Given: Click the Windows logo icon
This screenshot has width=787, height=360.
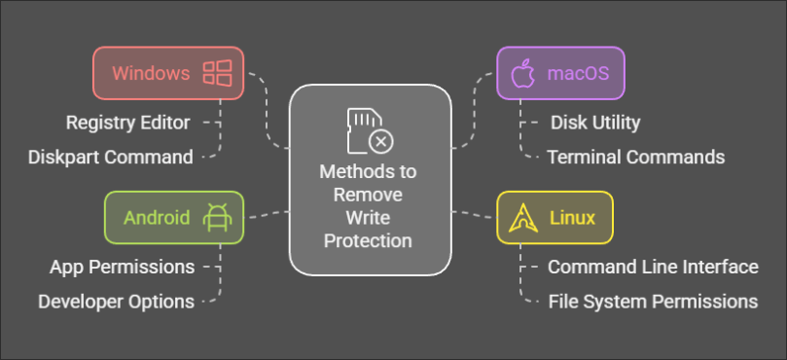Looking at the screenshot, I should click(x=216, y=73).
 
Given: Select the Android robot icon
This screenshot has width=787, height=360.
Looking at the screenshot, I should click(x=214, y=218).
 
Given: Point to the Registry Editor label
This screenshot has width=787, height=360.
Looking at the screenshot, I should click(x=127, y=123).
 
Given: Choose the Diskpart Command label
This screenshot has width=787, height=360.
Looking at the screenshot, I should click(x=110, y=156).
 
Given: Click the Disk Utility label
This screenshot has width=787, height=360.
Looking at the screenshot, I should click(x=595, y=123).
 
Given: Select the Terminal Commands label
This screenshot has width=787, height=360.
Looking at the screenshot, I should click(x=636, y=156).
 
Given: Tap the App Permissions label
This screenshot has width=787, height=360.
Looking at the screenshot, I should click(x=123, y=267).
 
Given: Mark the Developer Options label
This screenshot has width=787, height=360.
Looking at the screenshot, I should click(x=117, y=301).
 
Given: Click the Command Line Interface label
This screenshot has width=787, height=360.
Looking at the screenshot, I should click(x=653, y=267).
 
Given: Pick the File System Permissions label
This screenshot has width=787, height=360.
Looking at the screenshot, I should click(x=653, y=301).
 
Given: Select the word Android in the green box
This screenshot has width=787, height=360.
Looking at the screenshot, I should click(x=157, y=217).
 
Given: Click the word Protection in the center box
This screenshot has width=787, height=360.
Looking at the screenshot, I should click(x=370, y=240).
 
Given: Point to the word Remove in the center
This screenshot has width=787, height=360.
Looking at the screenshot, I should click(x=370, y=195).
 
